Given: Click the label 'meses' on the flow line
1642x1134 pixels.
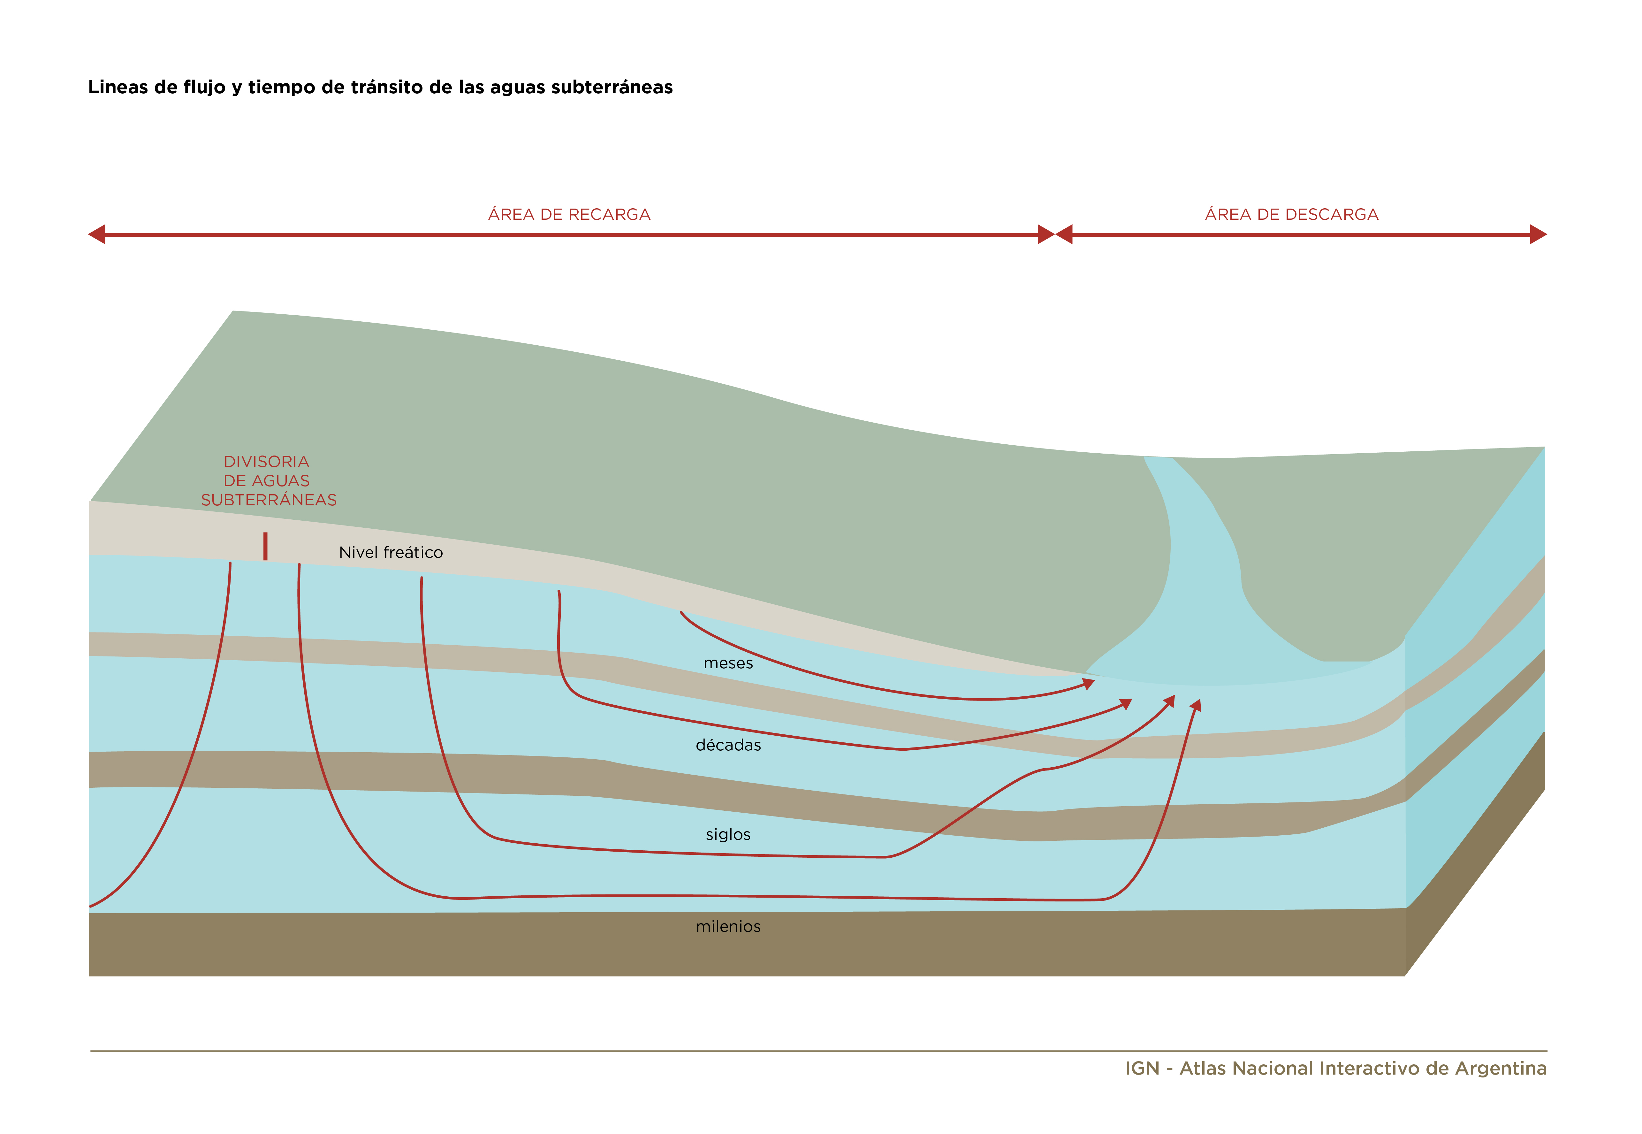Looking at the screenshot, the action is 728,663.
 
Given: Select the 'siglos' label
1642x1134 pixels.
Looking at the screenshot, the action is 728,834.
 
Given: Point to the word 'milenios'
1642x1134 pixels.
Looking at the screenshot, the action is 728,927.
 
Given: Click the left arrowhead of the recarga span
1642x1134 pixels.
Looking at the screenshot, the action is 96,234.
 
